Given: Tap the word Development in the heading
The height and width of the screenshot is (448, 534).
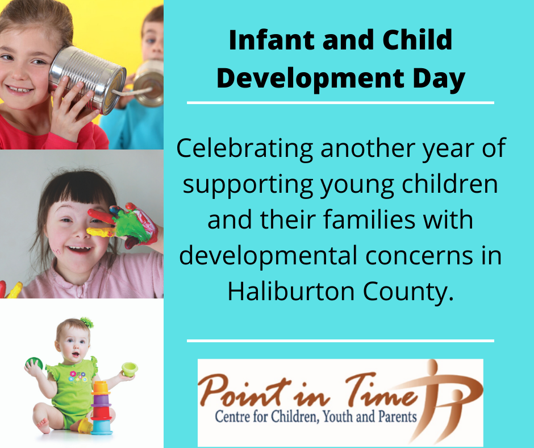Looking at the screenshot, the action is pos(310,79).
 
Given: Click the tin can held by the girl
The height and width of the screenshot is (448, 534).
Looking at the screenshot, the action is pos(87,80).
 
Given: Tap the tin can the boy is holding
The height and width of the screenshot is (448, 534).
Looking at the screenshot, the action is pos(149,83).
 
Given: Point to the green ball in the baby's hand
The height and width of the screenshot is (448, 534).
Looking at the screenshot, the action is pos(34,363).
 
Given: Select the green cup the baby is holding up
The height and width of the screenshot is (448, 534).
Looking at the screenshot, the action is pos(130,369).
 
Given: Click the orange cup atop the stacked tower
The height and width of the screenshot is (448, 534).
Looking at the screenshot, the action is pos(101,388).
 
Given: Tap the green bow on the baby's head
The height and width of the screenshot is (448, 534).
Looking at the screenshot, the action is pos(87,322).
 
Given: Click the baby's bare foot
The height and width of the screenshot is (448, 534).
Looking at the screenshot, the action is pos(43,425).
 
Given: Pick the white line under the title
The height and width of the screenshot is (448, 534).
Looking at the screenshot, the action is pos(340,103).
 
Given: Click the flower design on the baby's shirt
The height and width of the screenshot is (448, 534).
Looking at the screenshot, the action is pos(78,376).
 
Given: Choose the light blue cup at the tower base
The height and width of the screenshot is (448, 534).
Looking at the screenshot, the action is pos(102,428).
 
